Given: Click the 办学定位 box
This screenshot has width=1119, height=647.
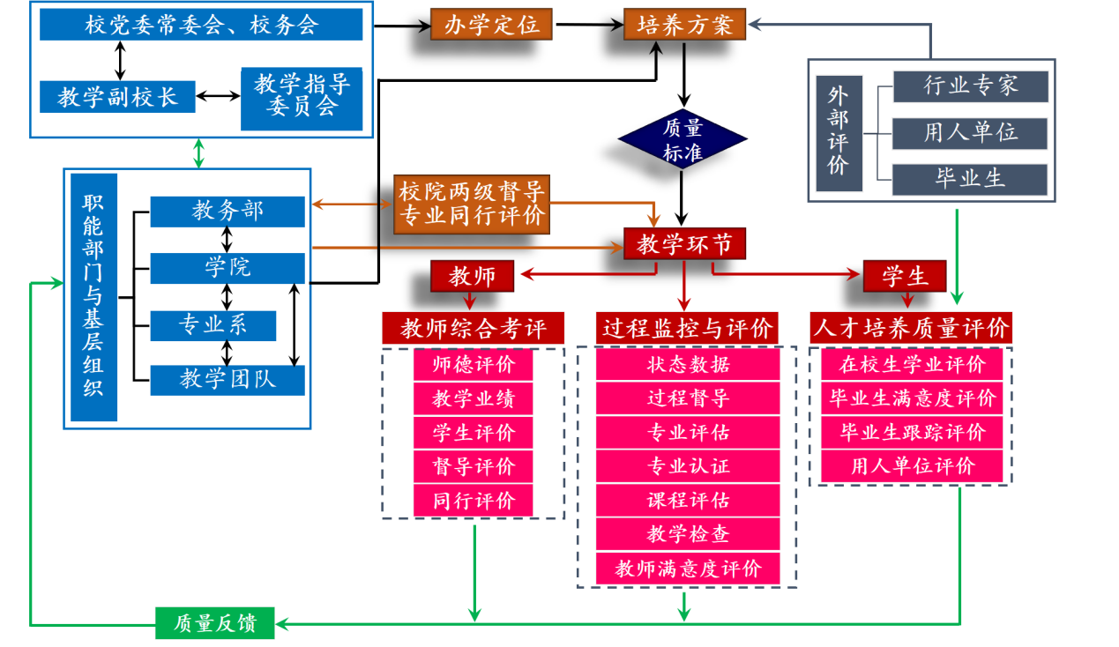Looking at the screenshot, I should tap(491, 24).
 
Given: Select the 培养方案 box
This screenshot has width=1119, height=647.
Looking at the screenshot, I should tap(685, 24).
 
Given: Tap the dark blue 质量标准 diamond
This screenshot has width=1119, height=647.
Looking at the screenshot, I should tap(683, 139).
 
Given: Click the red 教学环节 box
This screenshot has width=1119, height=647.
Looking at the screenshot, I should tap(685, 244).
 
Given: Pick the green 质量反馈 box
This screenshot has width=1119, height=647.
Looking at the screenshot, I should tap(215, 623).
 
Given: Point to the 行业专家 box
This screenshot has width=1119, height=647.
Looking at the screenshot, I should tap(970, 86).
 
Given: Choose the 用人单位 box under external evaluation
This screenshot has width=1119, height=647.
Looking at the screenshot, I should tap(970, 132).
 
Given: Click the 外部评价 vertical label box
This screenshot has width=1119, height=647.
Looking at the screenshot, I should tap(838, 132).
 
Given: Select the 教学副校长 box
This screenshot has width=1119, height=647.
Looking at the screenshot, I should tap(117, 96).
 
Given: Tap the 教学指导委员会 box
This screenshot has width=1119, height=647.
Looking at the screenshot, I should tap(302, 96).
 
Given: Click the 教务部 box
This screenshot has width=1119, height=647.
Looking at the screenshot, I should tap(228, 212).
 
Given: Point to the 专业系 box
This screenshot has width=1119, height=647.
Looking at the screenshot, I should tap(213, 325).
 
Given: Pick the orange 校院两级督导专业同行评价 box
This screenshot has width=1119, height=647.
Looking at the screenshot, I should tap(472, 204).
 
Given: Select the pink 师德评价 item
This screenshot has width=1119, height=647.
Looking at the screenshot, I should tap(474, 365).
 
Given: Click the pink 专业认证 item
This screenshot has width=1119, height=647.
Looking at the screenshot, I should tap(688, 466).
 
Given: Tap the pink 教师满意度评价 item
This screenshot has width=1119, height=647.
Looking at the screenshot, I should tap(688, 569).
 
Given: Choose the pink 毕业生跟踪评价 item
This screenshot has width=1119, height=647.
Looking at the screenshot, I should tap(913, 433).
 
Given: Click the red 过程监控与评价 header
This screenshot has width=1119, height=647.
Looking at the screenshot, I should tap(688, 329).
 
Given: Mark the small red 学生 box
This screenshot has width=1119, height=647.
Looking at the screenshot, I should tap(905, 276).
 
